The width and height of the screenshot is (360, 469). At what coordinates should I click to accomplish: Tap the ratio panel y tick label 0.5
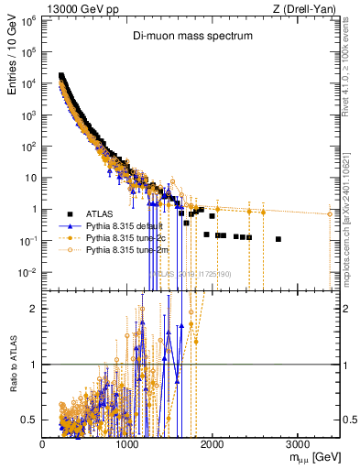[30, 420]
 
